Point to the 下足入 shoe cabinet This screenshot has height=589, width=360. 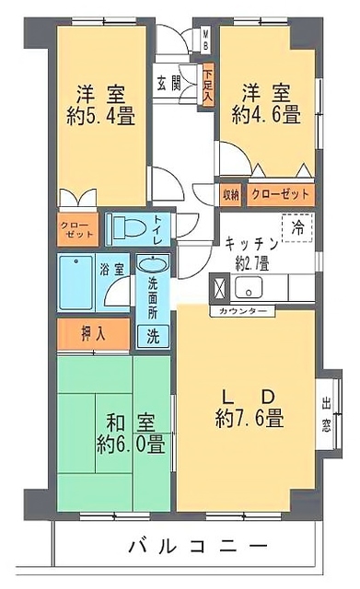click(x=209, y=83)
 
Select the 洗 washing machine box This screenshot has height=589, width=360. click(x=154, y=335)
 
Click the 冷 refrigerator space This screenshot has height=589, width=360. click(x=297, y=225)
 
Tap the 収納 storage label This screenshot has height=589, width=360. click(x=230, y=194)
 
